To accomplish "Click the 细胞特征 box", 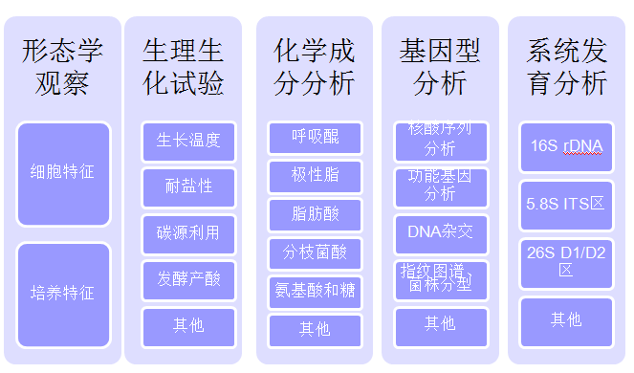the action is [63, 173].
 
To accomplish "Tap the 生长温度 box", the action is [188, 141].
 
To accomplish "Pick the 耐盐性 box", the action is [188, 186].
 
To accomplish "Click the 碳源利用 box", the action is [188, 232].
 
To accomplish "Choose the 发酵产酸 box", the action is [188, 279].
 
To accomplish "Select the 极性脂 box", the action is [315, 176].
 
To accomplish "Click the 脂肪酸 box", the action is [315, 214].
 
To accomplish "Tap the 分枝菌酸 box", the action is [315, 252].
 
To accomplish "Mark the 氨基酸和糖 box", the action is [315, 291].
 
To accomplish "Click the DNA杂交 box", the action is [440, 232].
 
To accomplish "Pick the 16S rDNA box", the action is [566, 146].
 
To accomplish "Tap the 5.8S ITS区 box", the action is [566, 204].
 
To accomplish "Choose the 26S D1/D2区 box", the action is [566, 261].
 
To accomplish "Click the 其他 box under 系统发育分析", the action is [566, 319].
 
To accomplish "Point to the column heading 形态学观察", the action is [63, 66].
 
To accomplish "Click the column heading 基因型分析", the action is [440, 66].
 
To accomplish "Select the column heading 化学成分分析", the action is [315, 66].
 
